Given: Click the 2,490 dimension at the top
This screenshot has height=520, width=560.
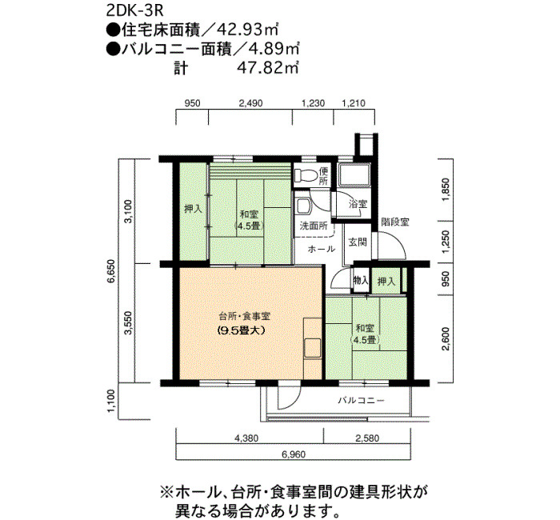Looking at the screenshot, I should tap(251, 103).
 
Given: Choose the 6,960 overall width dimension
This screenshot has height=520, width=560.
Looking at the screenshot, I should tap(294, 454).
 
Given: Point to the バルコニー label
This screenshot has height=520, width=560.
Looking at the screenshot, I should tap(361, 399).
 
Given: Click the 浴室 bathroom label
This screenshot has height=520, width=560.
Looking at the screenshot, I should tap(358, 204).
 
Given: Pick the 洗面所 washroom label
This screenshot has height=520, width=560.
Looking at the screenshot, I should tap(313, 226).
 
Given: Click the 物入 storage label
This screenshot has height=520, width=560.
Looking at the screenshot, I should tap(361, 281).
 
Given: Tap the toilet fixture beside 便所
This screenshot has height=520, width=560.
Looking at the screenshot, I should tap(305, 174).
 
